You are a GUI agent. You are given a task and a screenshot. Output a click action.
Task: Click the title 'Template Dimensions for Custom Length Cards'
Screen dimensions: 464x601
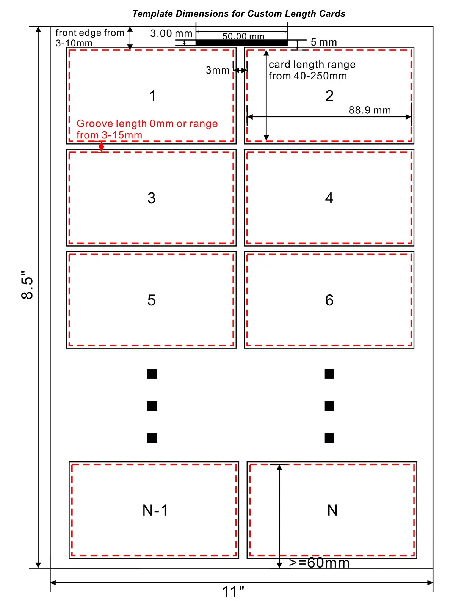[x=239, y=14]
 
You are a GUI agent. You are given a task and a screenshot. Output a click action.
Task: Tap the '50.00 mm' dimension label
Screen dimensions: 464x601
[x=243, y=36]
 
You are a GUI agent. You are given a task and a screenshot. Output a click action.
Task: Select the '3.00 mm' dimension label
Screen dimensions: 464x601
[x=171, y=33]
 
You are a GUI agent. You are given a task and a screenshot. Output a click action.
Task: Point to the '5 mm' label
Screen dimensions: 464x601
[x=324, y=42]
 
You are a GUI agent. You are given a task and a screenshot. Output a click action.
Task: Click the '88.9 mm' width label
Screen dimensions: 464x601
[x=370, y=110]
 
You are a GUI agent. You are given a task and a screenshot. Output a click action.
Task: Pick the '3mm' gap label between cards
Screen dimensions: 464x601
[x=218, y=70]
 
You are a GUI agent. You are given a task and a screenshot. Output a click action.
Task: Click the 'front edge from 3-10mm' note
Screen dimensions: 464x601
[x=90, y=38]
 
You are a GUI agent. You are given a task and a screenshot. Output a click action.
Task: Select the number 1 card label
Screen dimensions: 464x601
[x=152, y=96]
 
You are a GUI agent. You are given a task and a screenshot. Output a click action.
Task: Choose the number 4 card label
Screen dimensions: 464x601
[x=329, y=198]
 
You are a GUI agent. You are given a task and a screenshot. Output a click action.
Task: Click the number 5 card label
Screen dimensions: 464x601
[x=152, y=300]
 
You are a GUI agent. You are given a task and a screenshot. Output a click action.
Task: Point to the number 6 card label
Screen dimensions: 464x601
[x=329, y=300]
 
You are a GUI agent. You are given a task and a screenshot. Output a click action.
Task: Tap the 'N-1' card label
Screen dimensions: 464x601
[x=155, y=510]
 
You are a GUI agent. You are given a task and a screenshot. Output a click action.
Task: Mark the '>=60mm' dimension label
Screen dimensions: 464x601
[x=319, y=563]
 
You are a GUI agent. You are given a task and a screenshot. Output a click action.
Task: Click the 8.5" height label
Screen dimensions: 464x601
[x=27, y=285]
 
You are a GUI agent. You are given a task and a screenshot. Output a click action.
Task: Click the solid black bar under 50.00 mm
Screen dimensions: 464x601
[x=241, y=43]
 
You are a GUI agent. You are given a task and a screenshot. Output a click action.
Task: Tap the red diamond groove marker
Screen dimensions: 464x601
[x=101, y=146]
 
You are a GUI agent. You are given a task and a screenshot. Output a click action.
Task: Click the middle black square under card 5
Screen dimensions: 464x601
[x=152, y=406]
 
